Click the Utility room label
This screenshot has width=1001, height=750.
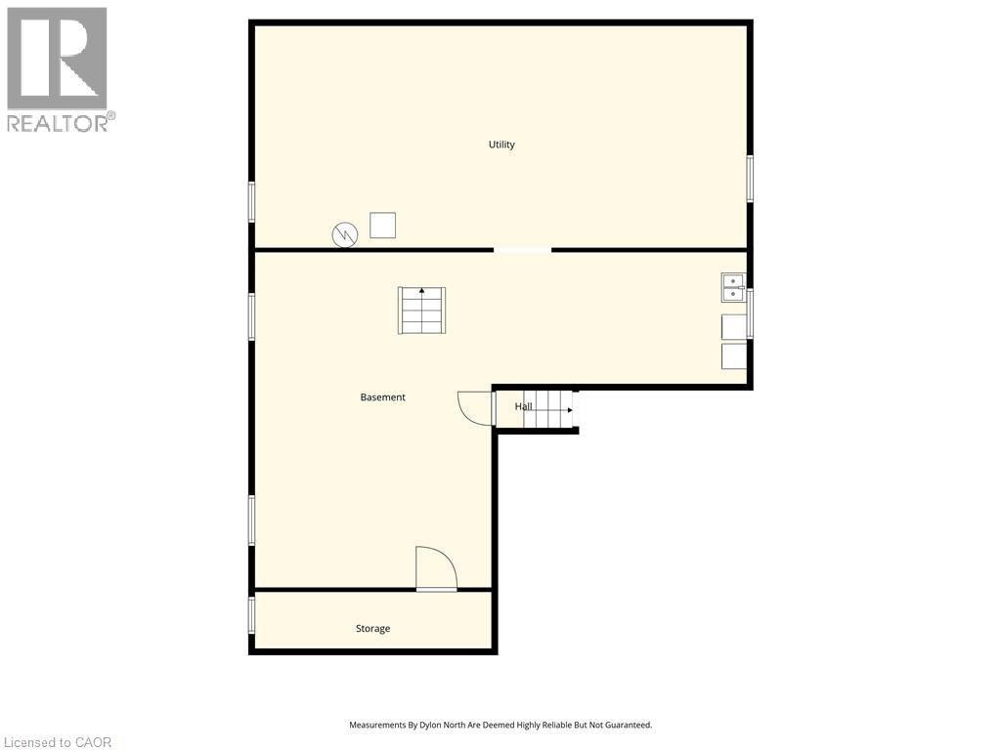[x=501, y=145]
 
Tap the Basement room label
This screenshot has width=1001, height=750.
[x=382, y=397]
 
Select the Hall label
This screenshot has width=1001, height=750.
[x=524, y=406]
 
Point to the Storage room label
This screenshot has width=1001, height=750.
[x=372, y=629]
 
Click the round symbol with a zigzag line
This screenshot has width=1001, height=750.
[x=345, y=234]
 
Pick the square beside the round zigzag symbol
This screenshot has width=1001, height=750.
[x=382, y=225]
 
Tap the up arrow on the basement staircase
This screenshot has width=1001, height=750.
[x=421, y=291]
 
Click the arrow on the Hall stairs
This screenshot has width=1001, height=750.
[x=568, y=410]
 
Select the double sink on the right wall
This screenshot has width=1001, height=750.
[x=733, y=288]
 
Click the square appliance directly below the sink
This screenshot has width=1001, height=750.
[x=734, y=326]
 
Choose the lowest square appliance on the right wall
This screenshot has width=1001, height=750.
[x=734, y=356]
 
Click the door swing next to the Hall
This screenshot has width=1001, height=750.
[x=475, y=407]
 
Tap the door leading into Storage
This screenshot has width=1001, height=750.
[x=436, y=568]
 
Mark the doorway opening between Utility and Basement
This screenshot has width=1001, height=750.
[x=522, y=250]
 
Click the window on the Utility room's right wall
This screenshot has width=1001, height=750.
[x=750, y=179]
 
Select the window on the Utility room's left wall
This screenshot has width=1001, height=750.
[x=251, y=202]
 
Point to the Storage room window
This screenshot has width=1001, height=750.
[x=251, y=614]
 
